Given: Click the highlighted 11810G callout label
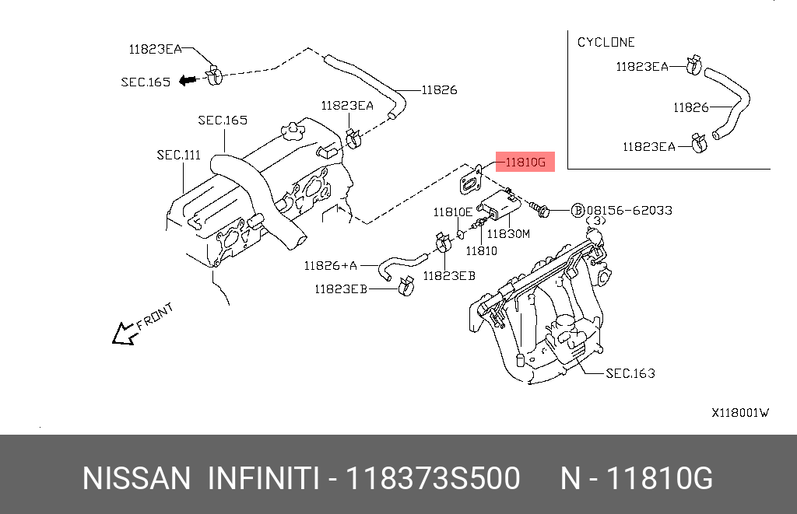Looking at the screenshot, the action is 525,162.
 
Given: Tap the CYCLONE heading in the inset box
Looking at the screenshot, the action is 606,42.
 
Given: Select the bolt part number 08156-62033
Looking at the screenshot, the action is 629,210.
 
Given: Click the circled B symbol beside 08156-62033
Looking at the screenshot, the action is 578,210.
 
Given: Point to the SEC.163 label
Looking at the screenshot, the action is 630,373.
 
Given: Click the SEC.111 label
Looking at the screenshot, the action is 178,155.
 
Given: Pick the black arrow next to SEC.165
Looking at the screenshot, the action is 188,80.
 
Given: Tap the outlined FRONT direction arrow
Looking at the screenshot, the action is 125,334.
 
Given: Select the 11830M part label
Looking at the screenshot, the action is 508,233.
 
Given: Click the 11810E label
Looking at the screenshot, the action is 452,212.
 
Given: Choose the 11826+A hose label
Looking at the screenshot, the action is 330,266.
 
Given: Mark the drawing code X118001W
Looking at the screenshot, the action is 740,413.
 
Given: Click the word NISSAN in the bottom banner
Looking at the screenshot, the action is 136,478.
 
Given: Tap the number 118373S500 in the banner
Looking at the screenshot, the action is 433,478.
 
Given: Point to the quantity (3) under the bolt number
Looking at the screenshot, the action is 595,221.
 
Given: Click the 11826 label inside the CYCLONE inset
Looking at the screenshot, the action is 691,107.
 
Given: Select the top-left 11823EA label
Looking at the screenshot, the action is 155,49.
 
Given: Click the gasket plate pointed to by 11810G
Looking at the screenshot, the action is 471,180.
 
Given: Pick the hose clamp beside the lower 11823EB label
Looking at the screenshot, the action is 406,287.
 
